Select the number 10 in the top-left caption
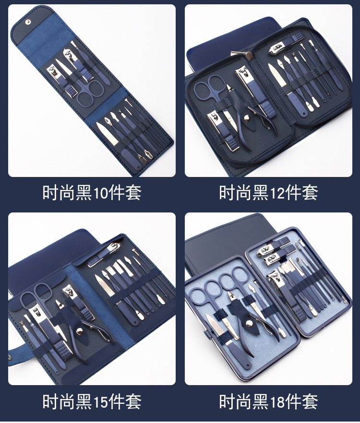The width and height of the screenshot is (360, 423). tap(100, 193)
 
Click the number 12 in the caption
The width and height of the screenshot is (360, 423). tap(277, 193)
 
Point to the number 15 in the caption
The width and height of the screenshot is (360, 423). tap(100, 402)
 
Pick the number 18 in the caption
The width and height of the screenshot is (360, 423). tap(277, 402)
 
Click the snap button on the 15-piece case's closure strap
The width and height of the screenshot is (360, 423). tap(10, 358)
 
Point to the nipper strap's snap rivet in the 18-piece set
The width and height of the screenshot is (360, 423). tap(250, 323)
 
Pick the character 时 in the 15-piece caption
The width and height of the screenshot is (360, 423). tap(50, 402)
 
